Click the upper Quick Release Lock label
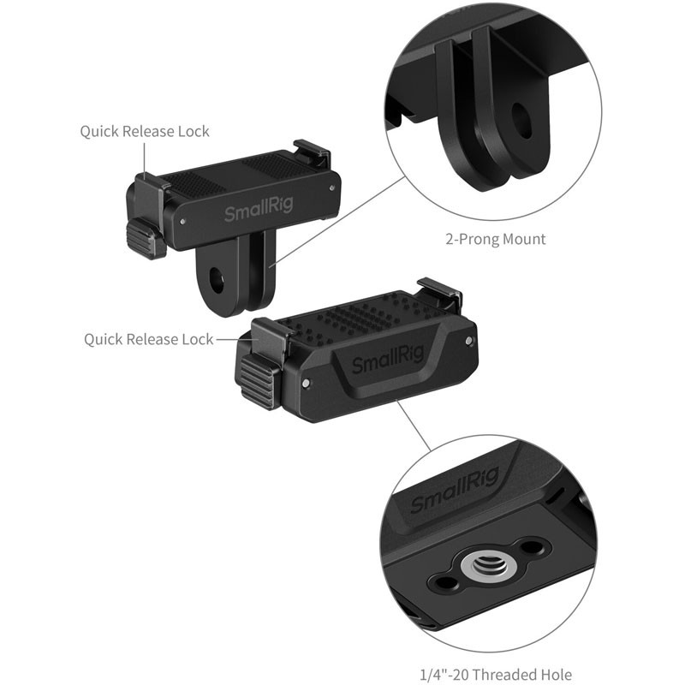click(x=145, y=132)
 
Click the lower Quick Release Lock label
click(x=148, y=340)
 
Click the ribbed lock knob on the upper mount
click(x=146, y=237)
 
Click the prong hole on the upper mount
click(x=214, y=278)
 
